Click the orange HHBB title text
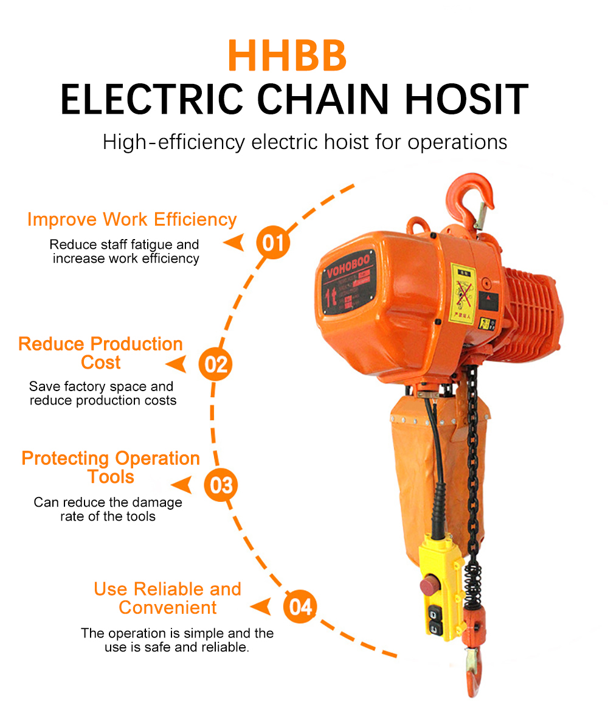pos(287,55)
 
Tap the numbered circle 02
pos(215,364)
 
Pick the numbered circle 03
pos(221,485)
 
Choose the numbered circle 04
pos(300,606)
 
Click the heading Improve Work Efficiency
pos(132,220)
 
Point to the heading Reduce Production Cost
pos(100,353)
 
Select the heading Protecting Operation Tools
pos(111,467)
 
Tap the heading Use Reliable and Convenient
pos(167,598)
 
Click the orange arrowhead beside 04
pos(261,606)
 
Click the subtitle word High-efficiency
pos(173,142)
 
